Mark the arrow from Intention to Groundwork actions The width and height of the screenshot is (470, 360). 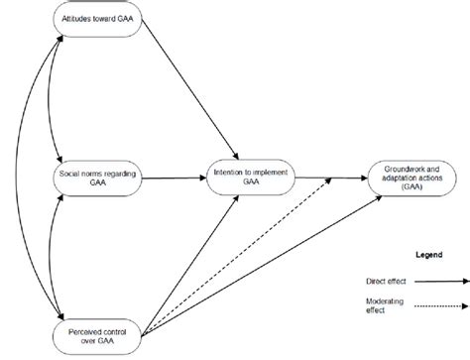(x=322, y=178)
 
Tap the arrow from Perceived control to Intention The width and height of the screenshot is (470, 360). (x=178, y=258)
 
